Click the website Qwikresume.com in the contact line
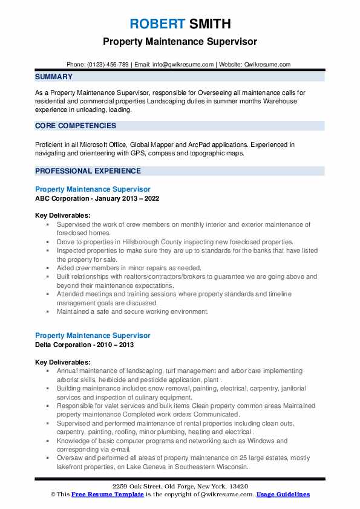(268, 64)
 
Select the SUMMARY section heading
(54, 77)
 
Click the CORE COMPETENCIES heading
(76, 126)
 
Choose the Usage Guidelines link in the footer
(283, 494)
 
